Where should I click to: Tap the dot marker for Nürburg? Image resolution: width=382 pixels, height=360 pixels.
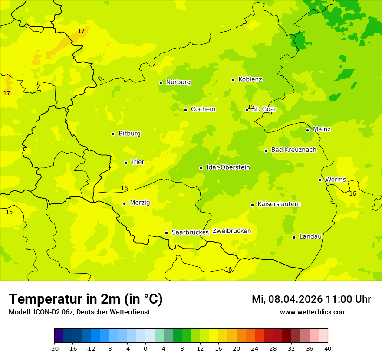point(161,83)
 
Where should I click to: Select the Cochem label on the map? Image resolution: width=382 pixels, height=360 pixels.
point(203,109)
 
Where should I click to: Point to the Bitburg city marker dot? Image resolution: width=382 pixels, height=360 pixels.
point(113,134)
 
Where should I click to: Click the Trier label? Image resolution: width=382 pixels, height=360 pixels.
point(137,162)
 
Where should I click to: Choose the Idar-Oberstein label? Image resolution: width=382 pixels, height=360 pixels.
point(228,167)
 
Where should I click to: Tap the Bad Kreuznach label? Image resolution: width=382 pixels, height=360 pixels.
point(293,150)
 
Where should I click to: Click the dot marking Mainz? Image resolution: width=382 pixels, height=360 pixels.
point(307,130)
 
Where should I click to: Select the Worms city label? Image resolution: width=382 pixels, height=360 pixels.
point(336,180)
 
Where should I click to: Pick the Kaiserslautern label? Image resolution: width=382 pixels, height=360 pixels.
point(279,204)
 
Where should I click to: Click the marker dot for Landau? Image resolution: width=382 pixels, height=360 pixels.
point(294,237)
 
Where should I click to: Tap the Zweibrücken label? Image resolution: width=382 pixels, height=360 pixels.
point(231,231)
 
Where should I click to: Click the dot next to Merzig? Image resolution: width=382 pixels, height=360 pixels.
point(124,203)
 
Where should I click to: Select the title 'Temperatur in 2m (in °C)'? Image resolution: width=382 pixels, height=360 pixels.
point(86,299)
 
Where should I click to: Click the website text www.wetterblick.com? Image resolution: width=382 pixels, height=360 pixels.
point(313,312)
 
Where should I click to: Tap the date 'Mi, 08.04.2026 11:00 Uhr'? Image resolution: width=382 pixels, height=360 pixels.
point(311,299)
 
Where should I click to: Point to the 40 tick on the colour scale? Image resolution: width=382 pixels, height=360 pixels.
point(328,348)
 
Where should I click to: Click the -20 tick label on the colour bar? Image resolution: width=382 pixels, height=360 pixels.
point(54,348)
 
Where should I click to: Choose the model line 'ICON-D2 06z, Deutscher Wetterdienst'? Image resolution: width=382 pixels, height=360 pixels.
point(79,312)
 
